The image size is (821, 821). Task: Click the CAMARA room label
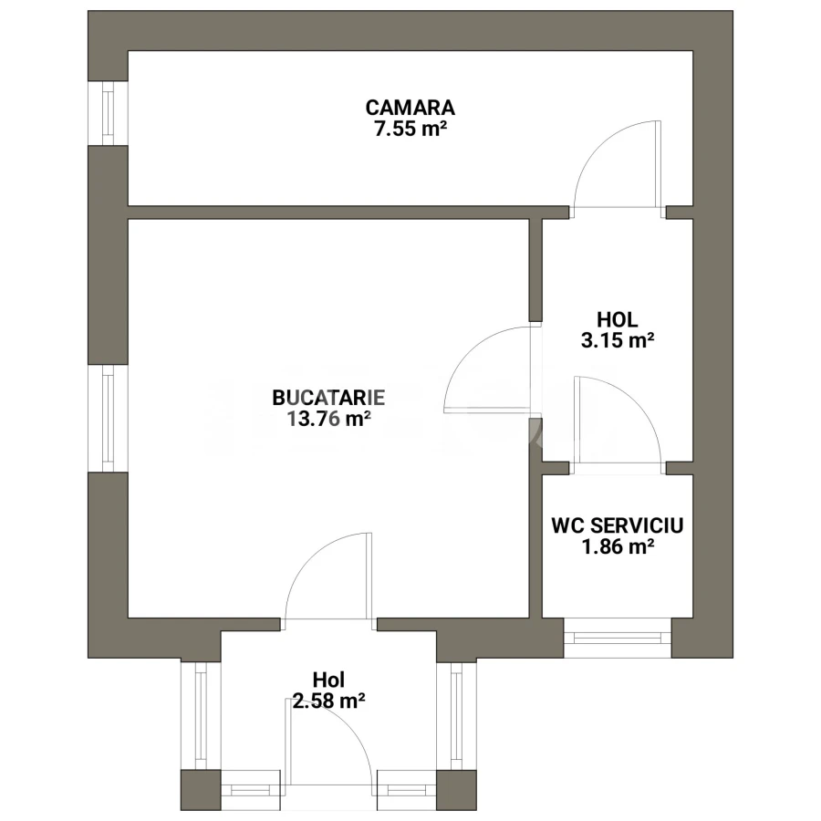pos(410,108)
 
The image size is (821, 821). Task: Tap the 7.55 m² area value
pos(410,129)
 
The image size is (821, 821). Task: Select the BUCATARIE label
pos(328,398)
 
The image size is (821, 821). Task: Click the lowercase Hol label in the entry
pos(328,680)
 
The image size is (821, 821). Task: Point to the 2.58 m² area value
pos(328,701)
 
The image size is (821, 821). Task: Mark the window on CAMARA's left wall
pos(108,112)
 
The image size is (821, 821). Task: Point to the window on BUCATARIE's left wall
pos(108,419)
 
